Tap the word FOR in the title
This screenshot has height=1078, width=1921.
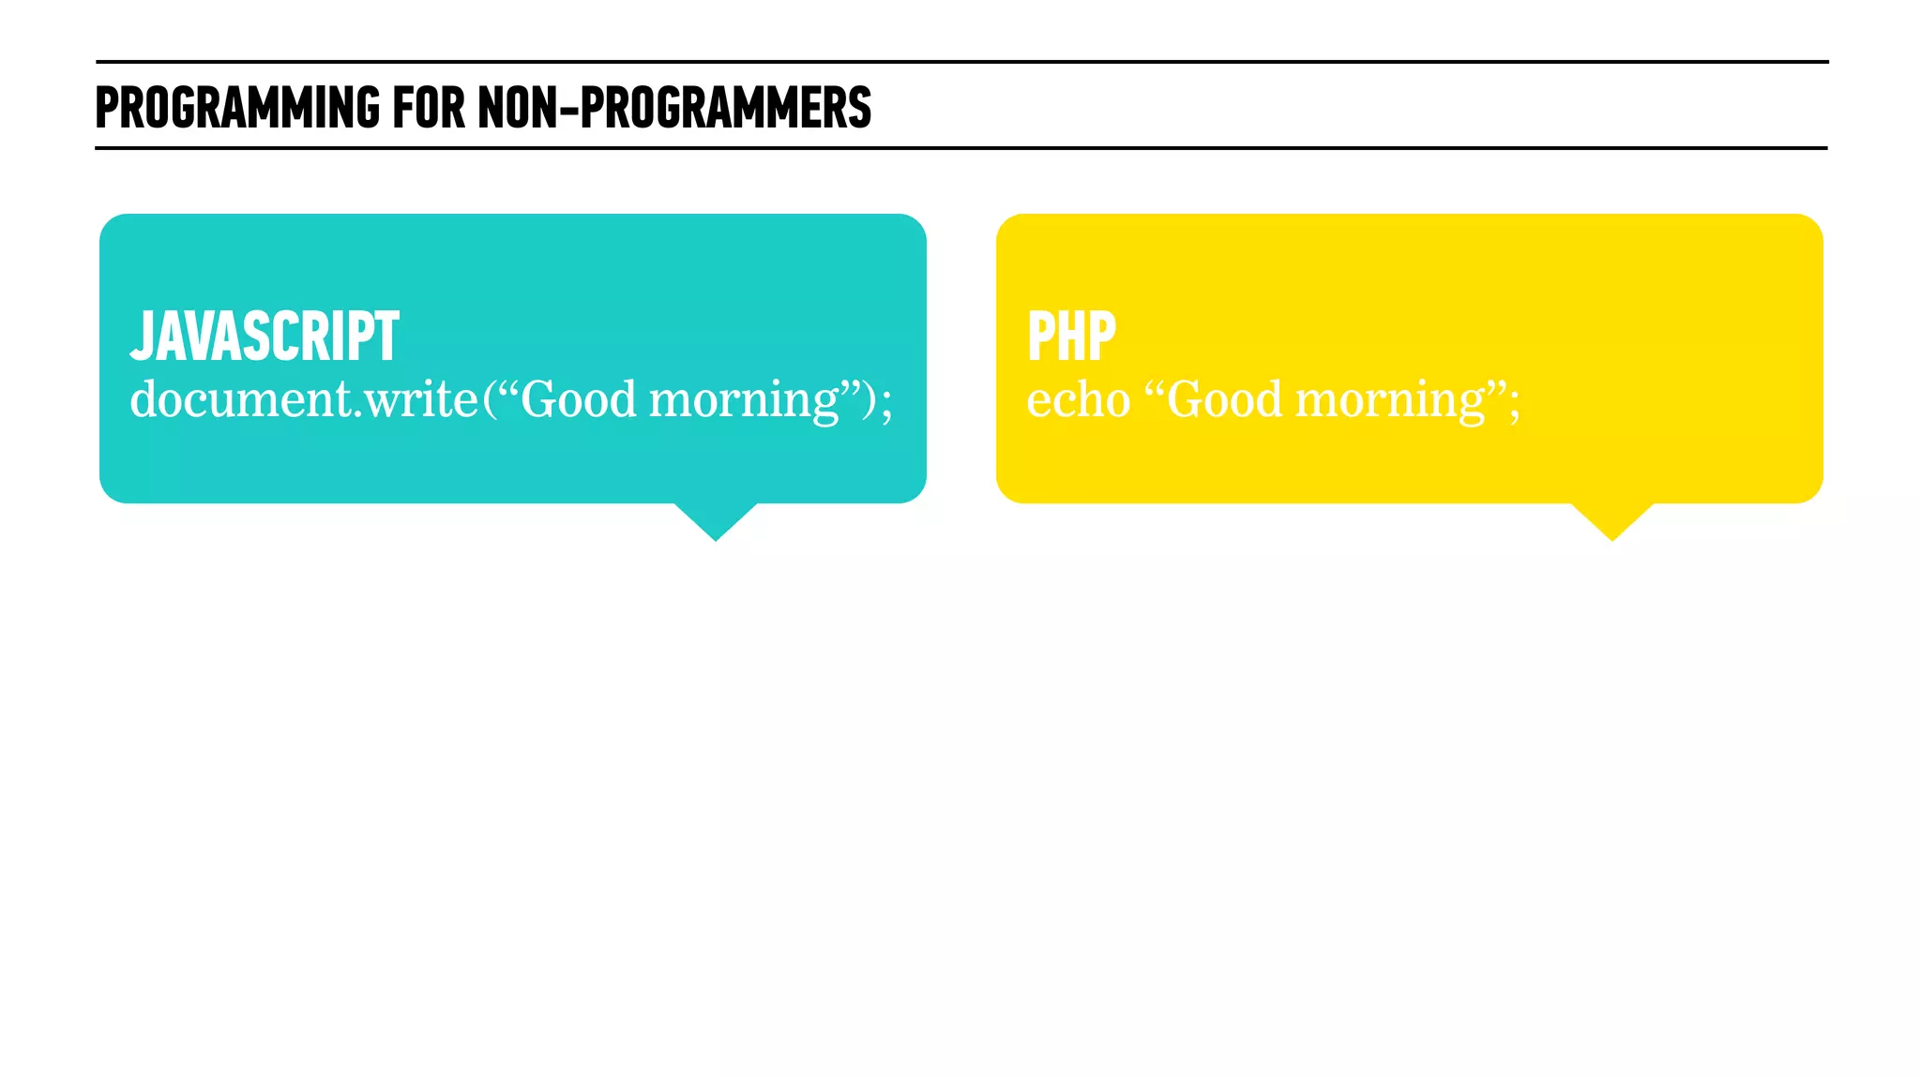point(428,107)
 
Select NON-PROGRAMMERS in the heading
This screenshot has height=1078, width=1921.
point(674,107)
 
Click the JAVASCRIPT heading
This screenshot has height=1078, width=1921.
point(265,337)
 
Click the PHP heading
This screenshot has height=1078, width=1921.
point(1071,337)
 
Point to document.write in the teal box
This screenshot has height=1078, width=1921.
point(304,400)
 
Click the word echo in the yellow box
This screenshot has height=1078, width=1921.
point(1078,401)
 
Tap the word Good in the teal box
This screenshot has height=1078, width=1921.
point(578,400)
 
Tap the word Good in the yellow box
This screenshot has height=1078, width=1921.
point(1224,400)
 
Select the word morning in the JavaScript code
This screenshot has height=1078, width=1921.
point(744,401)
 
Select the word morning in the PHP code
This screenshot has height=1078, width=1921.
point(1390,401)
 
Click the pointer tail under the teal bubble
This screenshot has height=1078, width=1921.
point(716,520)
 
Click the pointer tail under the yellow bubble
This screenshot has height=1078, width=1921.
point(1612,520)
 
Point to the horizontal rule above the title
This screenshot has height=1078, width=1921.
point(961,62)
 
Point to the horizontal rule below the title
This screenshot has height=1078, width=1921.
point(961,148)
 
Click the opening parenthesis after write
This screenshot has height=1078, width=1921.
point(490,401)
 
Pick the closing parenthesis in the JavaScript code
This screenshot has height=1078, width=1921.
point(870,401)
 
